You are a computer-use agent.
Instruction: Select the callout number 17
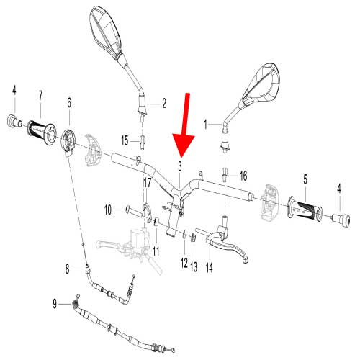coord(147,183)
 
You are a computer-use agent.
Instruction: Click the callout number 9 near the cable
coord(55,304)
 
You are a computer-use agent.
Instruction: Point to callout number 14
coord(210,267)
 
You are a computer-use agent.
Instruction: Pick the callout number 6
coord(69,102)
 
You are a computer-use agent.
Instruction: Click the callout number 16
coord(243,176)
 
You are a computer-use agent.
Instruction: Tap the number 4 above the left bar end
coord(14,91)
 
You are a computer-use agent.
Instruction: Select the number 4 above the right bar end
coord(339,189)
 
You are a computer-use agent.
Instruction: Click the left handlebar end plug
coord(14,122)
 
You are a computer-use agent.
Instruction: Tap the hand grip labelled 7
coord(42,132)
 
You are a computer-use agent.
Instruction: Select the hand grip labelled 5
coord(305,210)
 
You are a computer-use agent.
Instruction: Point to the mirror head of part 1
coord(261,84)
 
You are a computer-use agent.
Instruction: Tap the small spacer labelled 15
coord(143,142)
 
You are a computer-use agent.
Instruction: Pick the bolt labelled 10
coord(134,211)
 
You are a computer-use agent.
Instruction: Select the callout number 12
coord(184,263)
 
